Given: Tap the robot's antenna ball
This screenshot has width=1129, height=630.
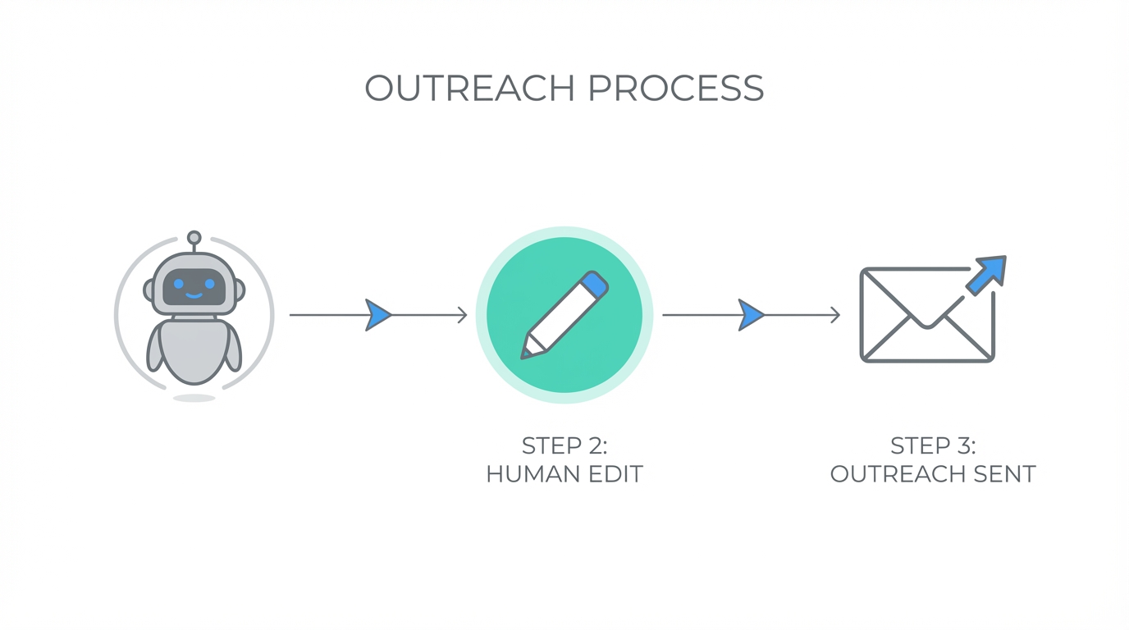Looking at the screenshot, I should tap(194, 239).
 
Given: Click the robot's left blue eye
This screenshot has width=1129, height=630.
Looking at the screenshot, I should tap(179, 284).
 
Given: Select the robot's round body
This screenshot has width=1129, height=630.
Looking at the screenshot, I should tap(194, 351).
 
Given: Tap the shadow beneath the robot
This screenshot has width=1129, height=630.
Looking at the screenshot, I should tap(194, 398).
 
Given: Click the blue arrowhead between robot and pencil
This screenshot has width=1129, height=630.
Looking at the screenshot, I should tap(378, 315).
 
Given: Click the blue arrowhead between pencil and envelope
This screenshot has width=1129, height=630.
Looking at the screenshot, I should tap(751, 315).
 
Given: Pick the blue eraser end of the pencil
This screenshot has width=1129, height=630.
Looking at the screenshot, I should tap(595, 284).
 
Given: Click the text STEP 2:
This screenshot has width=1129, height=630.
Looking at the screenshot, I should tap(564, 446).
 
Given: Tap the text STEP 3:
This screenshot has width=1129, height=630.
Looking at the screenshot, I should tap(933, 446).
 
